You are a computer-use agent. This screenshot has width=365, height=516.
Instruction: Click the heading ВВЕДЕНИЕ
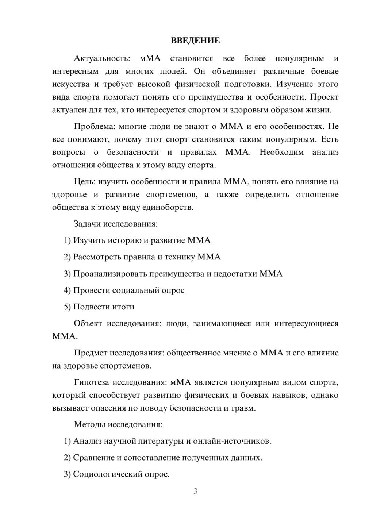195,41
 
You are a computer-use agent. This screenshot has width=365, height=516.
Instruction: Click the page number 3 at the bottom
195,491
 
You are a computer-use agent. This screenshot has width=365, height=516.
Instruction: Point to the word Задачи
87,224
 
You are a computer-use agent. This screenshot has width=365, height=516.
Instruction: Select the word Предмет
91,353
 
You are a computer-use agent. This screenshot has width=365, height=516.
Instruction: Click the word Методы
89,424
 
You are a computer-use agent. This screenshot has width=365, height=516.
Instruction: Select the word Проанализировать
110,274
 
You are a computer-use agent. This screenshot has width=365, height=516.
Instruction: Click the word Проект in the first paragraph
326,97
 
